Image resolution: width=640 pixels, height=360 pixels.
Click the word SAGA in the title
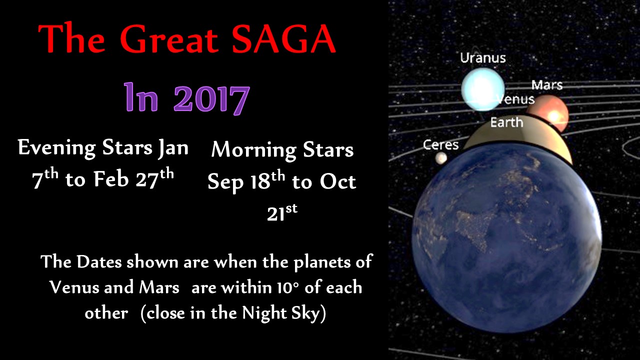(283, 39)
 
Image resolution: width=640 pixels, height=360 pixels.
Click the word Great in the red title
(169, 39)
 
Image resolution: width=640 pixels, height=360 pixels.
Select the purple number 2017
(211, 98)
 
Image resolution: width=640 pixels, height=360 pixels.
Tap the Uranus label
(483, 58)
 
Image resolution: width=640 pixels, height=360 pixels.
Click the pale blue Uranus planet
(483, 89)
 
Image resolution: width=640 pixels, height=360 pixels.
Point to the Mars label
(547, 85)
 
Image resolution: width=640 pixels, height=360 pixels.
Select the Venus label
(515, 99)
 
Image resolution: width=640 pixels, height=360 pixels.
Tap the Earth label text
(507, 122)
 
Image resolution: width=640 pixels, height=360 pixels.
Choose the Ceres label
(440, 145)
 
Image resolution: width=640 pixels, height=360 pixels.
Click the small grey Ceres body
(441, 157)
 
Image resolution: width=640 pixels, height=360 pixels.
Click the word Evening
(57, 148)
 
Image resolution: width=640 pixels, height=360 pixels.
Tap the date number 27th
(154, 179)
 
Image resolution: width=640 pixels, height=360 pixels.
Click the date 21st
(282, 213)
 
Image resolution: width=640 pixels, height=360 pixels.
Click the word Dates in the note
(99, 261)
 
